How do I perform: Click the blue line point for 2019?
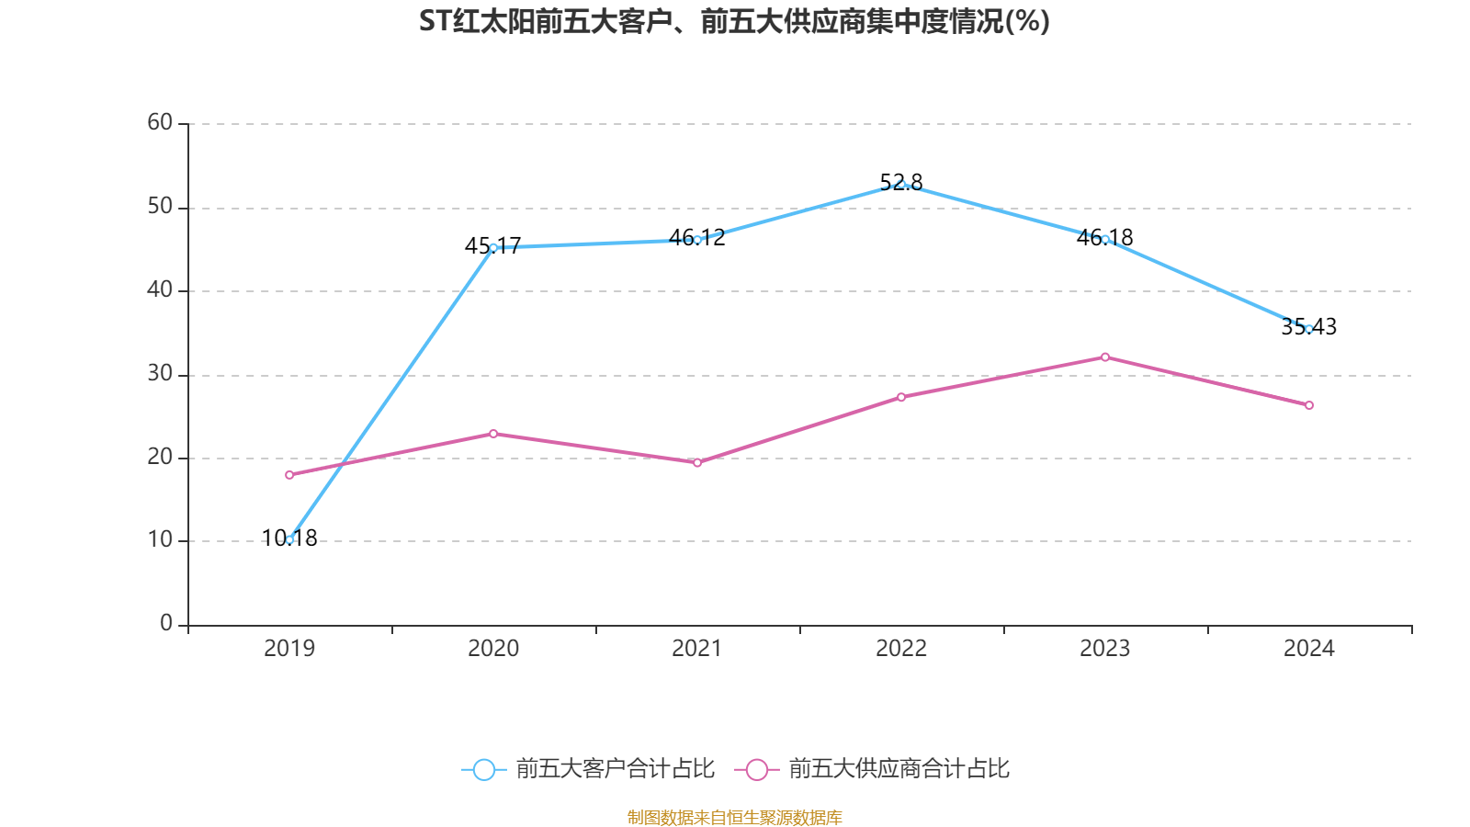coord(289,539)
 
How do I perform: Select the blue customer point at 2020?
coord(493,247)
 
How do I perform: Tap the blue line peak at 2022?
coord(901,184)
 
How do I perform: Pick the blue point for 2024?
coord(1308,328)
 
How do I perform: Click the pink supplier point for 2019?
coord(289,475)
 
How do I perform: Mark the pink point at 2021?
coord(697,462)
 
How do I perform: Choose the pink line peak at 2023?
coord(1104,357)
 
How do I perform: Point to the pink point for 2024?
coord(1308,405)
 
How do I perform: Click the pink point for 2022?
coord(901,397)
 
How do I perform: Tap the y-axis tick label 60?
coord(160,122)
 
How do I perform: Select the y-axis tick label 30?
coord(160,373)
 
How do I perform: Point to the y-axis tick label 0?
coord(166,623)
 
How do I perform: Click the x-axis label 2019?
coord(289,649)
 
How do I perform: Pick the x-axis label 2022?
coord(901,649)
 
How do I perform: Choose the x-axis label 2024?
coord(1308,649)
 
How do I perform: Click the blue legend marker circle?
coord(483,769)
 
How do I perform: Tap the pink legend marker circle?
coord(756,769)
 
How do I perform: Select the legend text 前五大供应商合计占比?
coord(899,769)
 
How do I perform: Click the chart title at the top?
coord(734,21)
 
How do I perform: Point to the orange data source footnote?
coord(734,817)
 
